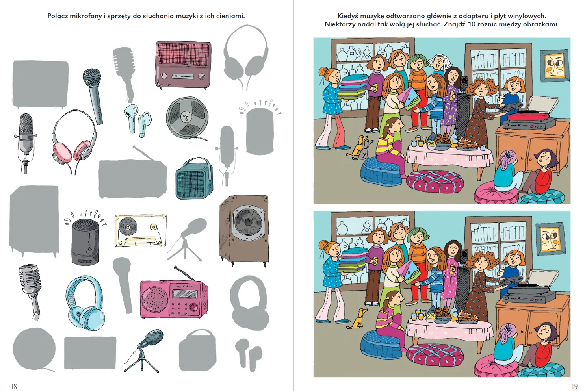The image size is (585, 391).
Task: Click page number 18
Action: [13, 386]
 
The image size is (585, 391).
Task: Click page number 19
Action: [574, 386]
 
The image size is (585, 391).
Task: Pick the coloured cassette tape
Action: [141, 230]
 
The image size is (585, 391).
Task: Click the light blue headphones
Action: [85, 303]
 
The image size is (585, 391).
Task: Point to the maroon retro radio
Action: [183, 65]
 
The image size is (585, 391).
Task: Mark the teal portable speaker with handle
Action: [194, 178]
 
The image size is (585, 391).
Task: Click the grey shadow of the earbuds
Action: [248, 354]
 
